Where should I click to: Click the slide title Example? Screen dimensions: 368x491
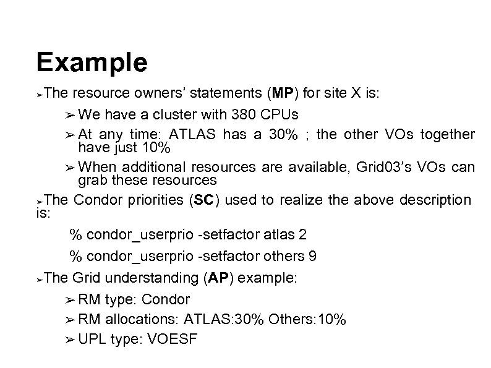point(92,63)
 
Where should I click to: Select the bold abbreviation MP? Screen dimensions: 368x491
point(283,94)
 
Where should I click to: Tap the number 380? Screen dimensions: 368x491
point(245,114)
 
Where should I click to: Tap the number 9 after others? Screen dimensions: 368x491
point(318,255)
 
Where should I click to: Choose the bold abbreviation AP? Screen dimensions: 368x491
point(218,278)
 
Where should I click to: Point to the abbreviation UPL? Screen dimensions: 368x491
point(92,340)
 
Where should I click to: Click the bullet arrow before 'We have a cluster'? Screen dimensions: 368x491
point(69,115)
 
